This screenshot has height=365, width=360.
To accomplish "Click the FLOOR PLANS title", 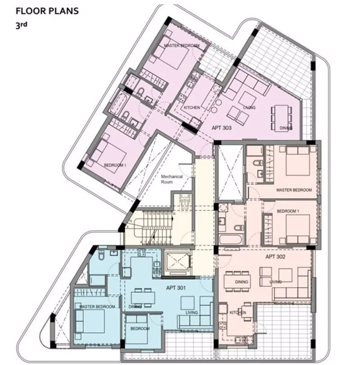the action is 47,11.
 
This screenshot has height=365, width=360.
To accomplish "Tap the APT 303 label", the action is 221,128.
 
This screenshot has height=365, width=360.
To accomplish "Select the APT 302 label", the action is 275,257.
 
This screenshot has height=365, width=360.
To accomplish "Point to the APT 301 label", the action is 176,288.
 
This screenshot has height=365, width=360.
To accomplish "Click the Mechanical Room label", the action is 172,179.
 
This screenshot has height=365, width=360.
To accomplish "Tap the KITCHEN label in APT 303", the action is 192,107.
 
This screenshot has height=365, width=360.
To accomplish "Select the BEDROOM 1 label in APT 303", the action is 115,165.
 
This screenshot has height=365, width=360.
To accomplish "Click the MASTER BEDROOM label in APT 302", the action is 294,190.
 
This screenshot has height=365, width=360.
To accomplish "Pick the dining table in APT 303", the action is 281,118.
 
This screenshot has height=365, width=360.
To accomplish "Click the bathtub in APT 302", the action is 231,240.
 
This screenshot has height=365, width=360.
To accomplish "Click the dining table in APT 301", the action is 143,297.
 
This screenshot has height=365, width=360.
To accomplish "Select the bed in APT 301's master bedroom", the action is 90,321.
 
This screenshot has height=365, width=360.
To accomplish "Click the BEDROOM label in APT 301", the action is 140,329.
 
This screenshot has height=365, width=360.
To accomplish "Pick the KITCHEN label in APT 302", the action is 238,312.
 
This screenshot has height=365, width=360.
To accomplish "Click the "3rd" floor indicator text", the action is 21,25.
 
